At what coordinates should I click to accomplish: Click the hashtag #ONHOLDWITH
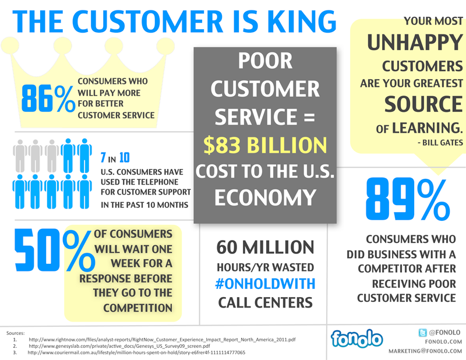tap(265, 284)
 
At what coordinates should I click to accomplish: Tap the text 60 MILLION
tap(265, 247)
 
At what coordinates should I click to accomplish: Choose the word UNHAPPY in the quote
tap(415, 41)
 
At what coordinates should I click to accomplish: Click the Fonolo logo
tap(356, 338)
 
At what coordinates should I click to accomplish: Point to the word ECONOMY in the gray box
tap(265, 198)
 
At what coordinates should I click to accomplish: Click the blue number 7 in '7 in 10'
tap(103, 157)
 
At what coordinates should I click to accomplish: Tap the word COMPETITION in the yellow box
tap(137, 307)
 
